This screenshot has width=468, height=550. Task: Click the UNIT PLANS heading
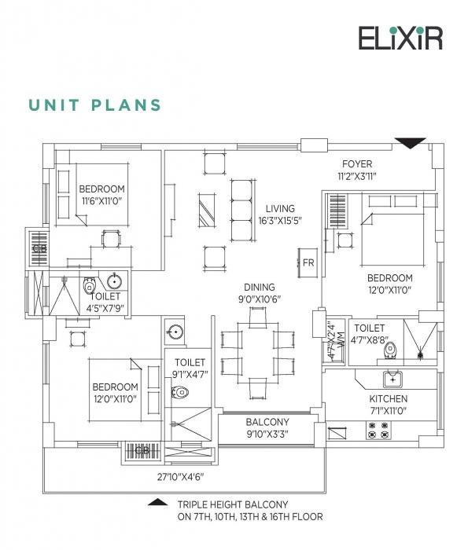95,105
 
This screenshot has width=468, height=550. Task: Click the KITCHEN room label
388,399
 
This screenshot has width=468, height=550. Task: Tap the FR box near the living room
308,262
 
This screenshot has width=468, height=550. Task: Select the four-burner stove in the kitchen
377,430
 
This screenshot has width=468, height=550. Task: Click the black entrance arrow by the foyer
410,143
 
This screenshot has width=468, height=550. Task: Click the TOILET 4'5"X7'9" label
105,302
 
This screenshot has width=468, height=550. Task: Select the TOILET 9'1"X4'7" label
189,368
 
